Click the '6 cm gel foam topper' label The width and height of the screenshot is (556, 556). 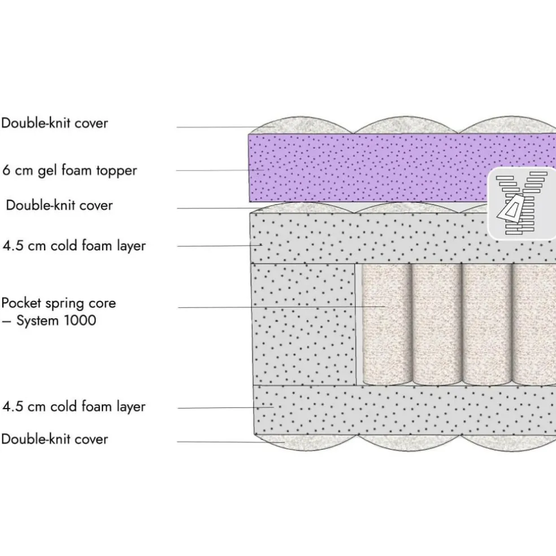[x=69, y=170]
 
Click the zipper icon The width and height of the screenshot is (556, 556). [x=522, y=203]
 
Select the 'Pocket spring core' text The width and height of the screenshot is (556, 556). [x=59, y=303]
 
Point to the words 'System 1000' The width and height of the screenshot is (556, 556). [x=56, y=321]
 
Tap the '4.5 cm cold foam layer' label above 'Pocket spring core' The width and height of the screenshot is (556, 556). [x=74, y=246]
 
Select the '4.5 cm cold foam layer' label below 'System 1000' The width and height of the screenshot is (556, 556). [x=74, y=406]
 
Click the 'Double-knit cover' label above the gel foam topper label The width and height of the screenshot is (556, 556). [x=54, y=123]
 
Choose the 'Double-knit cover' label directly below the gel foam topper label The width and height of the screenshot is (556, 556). [x=59, y=205]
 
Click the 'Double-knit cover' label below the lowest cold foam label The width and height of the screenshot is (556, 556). [x=54, y=439]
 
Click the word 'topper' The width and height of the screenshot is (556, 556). [x=116, y=171]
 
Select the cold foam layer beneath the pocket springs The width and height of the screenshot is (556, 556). [x=396, y=410]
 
